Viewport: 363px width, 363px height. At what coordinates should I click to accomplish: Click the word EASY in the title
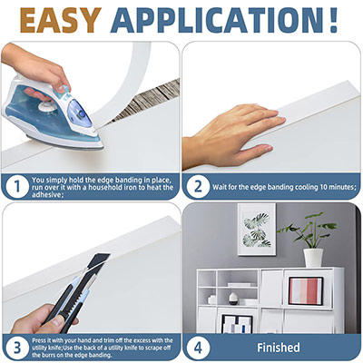click(x=61, y=20)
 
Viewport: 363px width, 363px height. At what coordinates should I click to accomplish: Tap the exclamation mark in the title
click(x=333, y=20)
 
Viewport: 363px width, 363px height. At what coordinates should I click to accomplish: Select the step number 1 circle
click(x=17, y=186)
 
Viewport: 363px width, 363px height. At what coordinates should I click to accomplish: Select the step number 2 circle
click(x=198, y=186)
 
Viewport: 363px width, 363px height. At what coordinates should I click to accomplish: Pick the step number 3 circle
click(x=17, y=348)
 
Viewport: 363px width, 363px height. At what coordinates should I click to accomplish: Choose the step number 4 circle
click(x=198, y=348)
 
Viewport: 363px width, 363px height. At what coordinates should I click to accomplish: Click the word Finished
click(x=279, y=348)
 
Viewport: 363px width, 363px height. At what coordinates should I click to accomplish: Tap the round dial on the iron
click(x=47, y=107)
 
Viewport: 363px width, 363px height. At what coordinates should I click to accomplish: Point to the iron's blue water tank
click(x=80, y=113)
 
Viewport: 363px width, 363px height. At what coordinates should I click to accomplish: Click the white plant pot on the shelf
click(x=313, y=258)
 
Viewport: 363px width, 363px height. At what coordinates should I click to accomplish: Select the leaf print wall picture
click(x=257, y=230)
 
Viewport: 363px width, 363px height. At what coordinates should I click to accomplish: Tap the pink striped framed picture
click(x=306, y=291)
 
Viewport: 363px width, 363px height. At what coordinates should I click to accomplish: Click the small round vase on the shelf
click(x=233, y=299)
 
